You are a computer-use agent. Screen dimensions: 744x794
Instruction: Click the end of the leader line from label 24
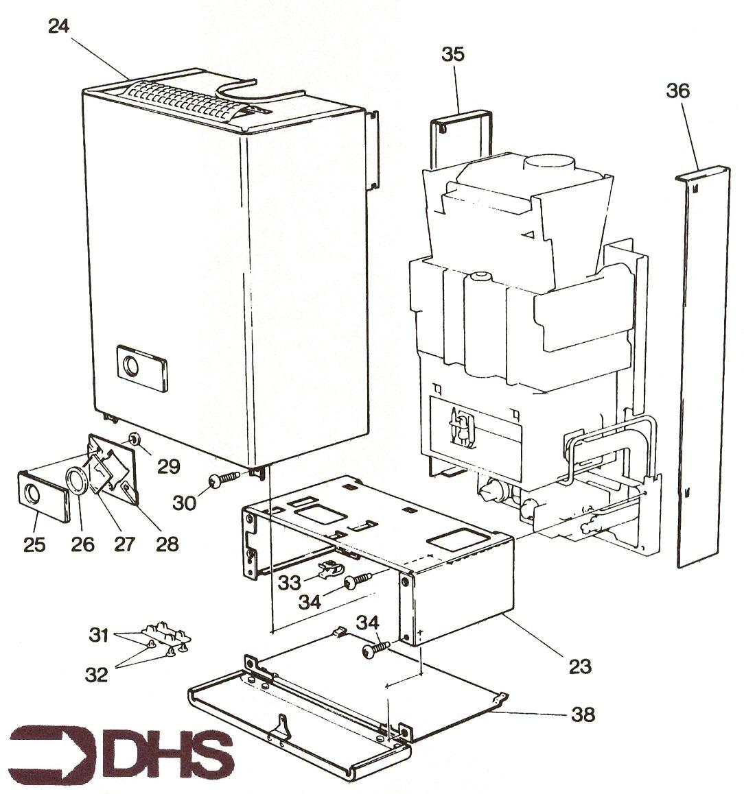tap(131, 78)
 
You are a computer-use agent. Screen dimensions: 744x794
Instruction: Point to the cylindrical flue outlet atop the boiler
tap(549, 165)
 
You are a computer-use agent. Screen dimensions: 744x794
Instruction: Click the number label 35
tap(452, 54)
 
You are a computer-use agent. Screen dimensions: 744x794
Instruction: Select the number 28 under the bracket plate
tap(167, 544)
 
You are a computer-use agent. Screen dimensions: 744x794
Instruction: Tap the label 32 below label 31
tap(96, 675)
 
